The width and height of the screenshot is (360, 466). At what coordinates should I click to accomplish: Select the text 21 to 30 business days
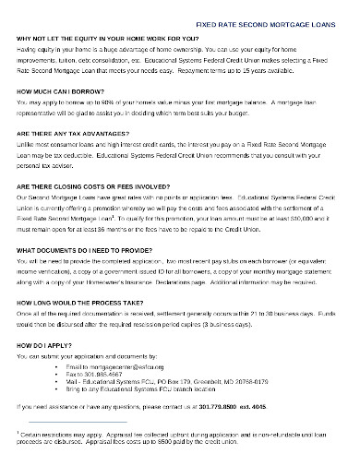(x=256, y=304)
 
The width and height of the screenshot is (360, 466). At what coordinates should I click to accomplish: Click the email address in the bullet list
(x=120, y=353)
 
